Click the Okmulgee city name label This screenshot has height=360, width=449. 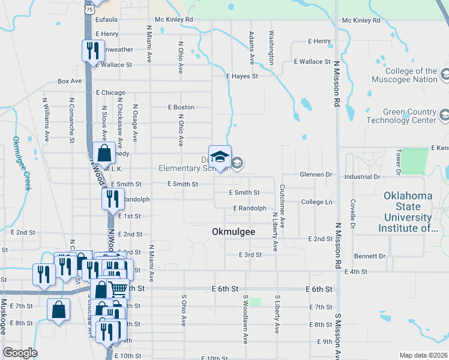233,231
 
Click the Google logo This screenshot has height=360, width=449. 20,353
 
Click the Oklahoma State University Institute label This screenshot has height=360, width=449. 412,212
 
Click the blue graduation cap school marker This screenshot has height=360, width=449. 220,156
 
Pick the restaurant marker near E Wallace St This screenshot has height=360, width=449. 93,50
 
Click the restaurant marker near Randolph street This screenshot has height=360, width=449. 112,199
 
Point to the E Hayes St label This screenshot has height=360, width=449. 242,76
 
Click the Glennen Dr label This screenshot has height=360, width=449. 316,175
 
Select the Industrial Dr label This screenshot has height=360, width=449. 363,177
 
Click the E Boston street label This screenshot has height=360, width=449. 181,107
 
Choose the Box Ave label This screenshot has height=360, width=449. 70,81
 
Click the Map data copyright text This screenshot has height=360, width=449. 423,355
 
